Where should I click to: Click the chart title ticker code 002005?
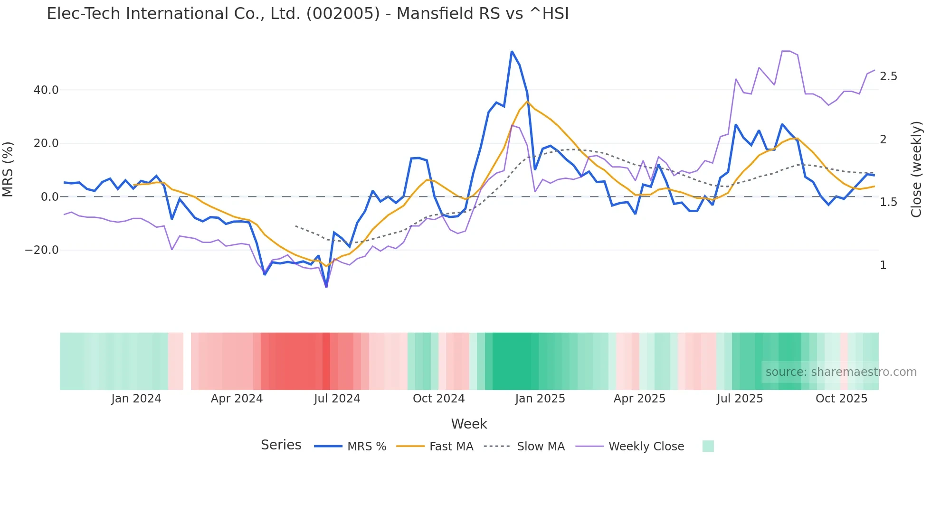343,14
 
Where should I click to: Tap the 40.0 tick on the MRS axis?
46,90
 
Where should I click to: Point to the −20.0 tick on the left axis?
42,250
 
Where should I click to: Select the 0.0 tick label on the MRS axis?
49,197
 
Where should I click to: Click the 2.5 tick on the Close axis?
888,76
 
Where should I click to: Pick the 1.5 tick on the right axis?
888,202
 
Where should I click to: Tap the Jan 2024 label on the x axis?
136,399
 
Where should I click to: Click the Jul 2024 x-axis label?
337,399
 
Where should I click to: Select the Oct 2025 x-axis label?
841,399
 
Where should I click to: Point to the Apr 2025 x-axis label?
639,399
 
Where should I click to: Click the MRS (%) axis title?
8,169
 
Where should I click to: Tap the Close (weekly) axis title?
916,169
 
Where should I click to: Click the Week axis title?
469,424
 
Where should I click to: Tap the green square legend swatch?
708,446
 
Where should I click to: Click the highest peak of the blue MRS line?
512,51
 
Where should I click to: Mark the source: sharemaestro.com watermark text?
841,372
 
